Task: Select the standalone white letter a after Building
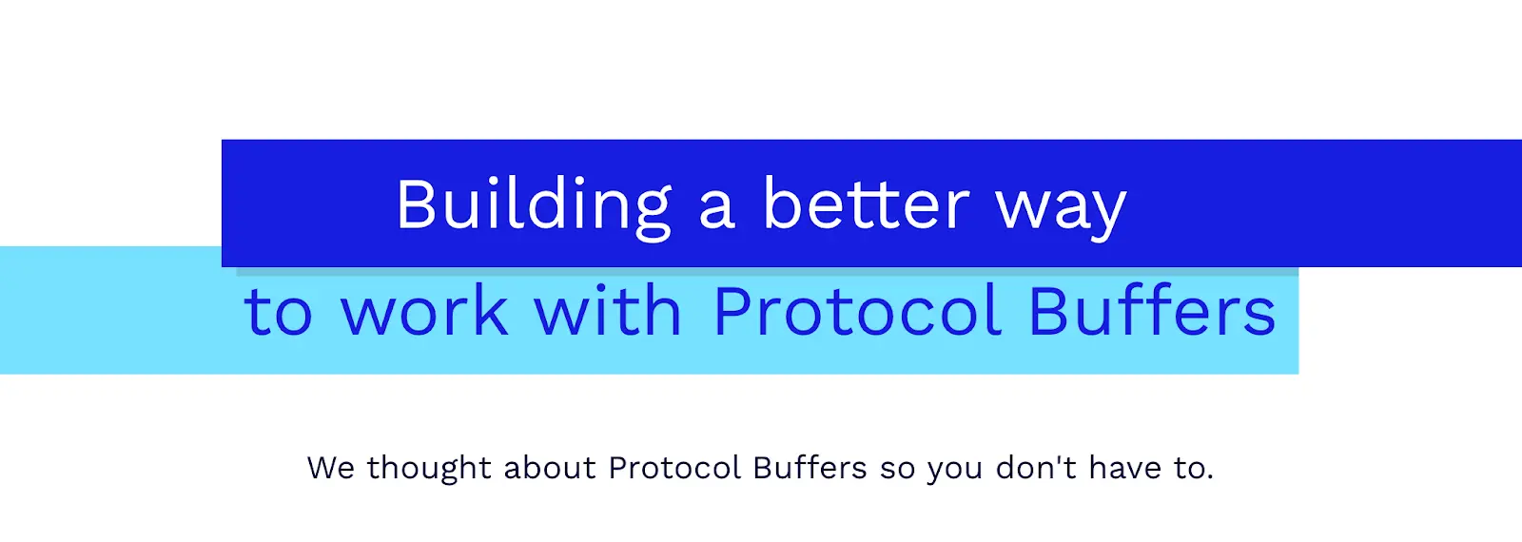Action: tap(717, 212)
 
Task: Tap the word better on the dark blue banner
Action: tap(866, 203)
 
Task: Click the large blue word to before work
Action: tap(279, 314)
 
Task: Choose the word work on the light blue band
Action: tap(424, 310)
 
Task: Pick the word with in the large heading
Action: tap(608, 310)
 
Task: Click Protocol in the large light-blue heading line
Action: tap(857, 310)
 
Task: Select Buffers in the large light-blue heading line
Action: tap(1152, 310)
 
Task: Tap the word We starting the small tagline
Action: tap(331, 468)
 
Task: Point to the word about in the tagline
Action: tap(550, 467)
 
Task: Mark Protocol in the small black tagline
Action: tap(674, 467)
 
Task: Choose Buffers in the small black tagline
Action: tap(810, 467)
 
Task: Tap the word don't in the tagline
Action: tap(1036, 467)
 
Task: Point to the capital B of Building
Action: tap(417, 204)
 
